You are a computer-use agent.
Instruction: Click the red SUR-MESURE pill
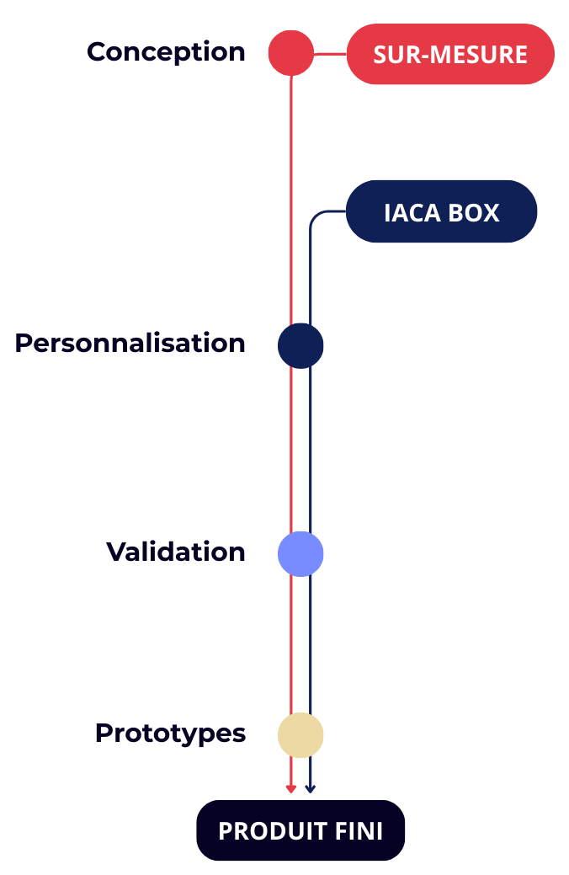click(x=450, y=55)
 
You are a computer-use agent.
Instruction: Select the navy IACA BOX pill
click(x=441, y=212)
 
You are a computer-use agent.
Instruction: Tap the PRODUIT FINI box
click(x=300, y=831)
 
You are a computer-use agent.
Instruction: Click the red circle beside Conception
click(x=290, y=53)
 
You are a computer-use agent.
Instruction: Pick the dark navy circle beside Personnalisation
click(x=300, y=345)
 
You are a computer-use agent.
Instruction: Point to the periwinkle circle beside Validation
click(x=300, y=553)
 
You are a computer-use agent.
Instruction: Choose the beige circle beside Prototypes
click(x=300, y=734)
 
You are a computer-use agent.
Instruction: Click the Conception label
click(x=166, y=52)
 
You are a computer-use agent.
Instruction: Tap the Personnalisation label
click(x=130, y=344)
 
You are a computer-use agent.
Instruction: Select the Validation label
click(x=176, y=552)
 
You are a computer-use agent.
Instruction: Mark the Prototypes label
click(x=170, y=734)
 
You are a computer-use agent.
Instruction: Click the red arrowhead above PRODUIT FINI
click(x=291, y=789)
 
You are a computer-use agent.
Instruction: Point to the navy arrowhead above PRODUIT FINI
click(x=310, y=789)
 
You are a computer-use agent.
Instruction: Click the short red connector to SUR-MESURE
click(x=330, y=54)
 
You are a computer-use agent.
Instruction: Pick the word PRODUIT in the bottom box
click(x=269, y=832)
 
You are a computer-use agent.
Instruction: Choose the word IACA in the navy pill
click(x=412, y=213)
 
